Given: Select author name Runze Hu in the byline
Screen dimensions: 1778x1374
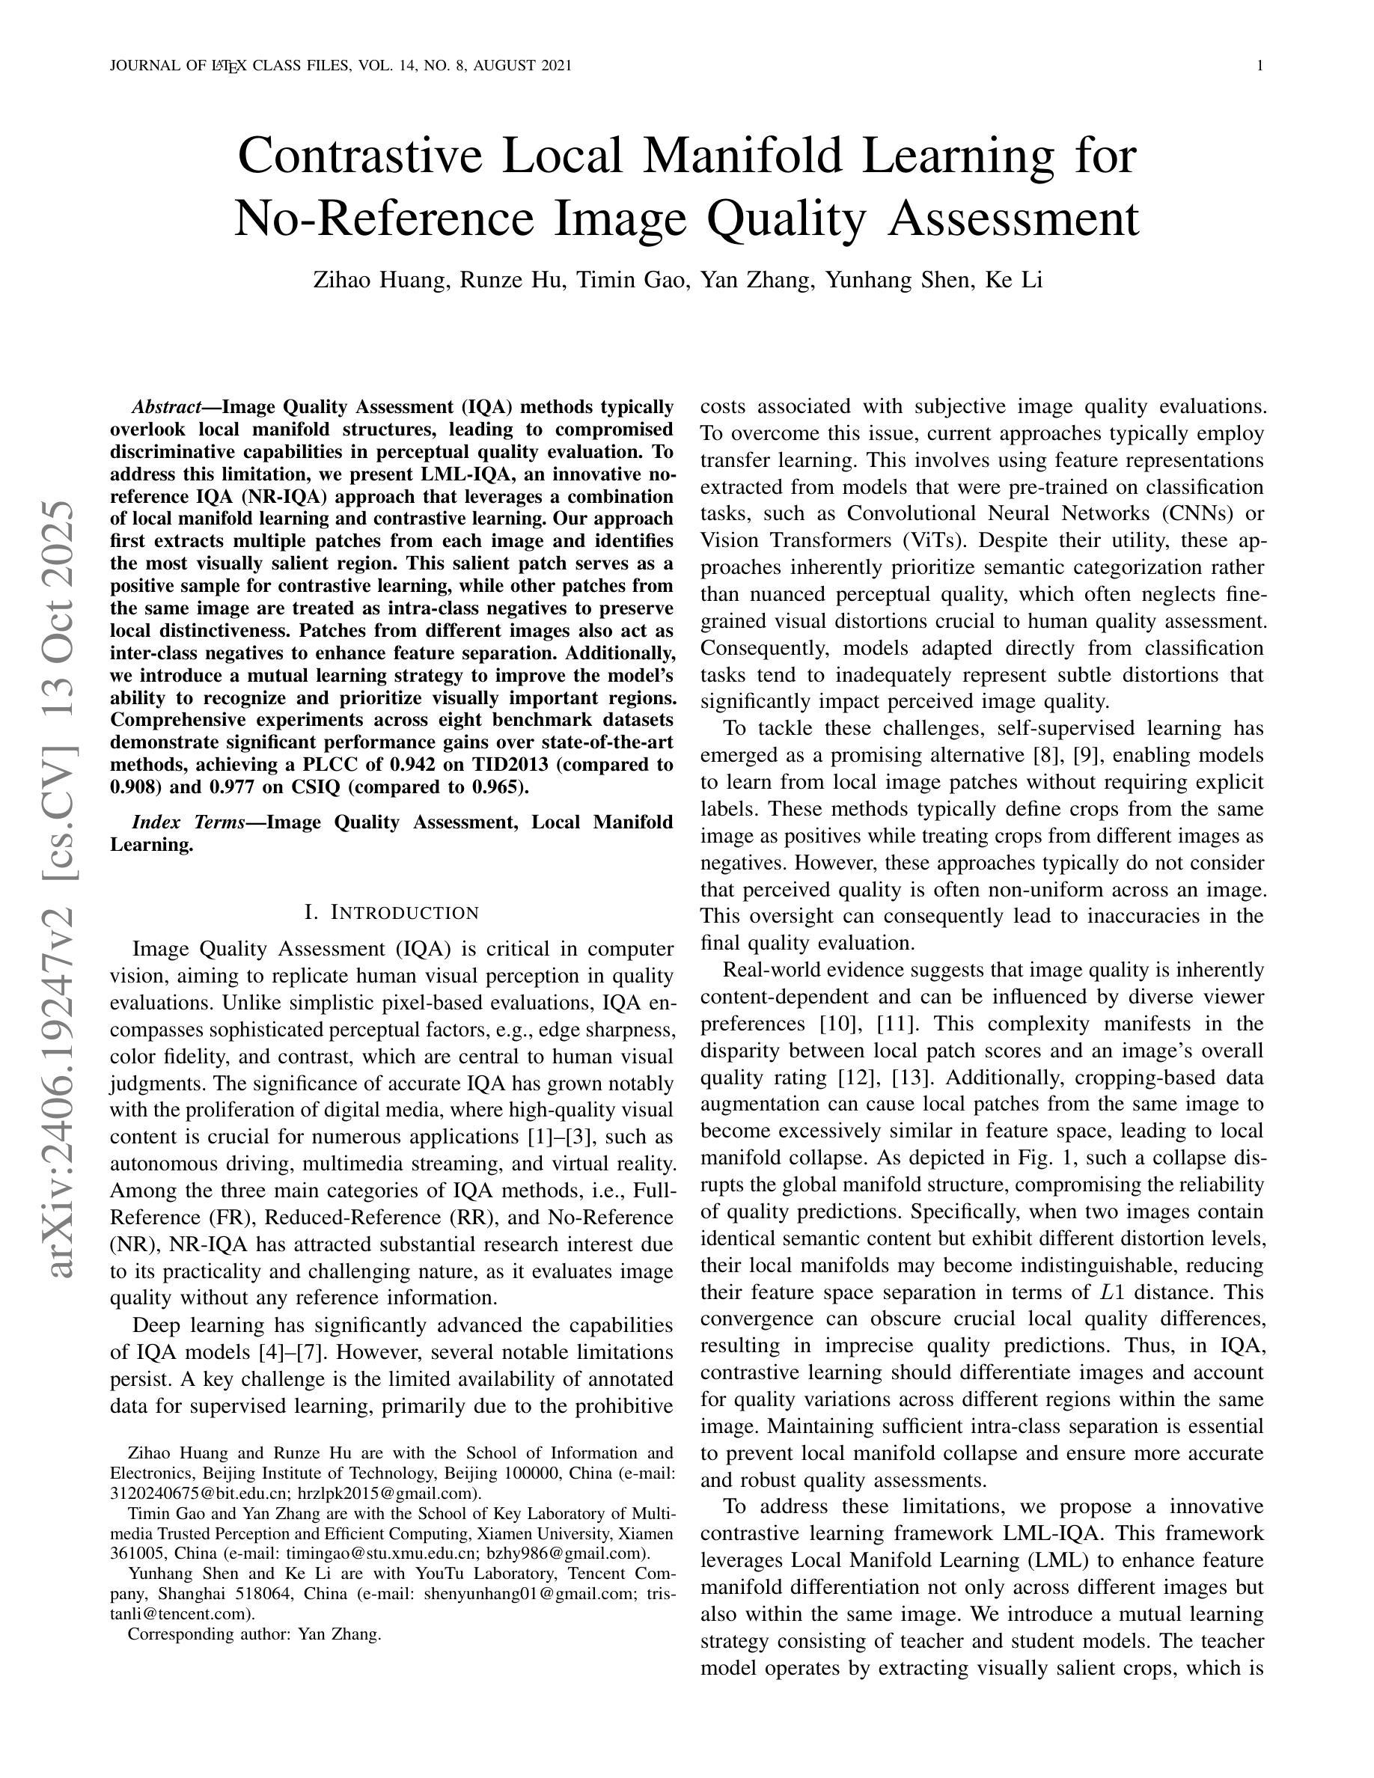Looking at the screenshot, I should [x=511, y=280].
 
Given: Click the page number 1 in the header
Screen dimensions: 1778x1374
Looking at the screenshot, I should [x=1260, y=66].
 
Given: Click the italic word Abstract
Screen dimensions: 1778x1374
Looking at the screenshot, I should [x=166, y=407].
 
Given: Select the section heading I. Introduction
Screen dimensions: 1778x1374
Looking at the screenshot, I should [x=391, y=913].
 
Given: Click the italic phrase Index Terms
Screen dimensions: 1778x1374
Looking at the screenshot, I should [x=188, y=822].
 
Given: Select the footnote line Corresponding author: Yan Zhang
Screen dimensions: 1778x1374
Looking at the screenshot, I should [x=254, y=1634].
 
